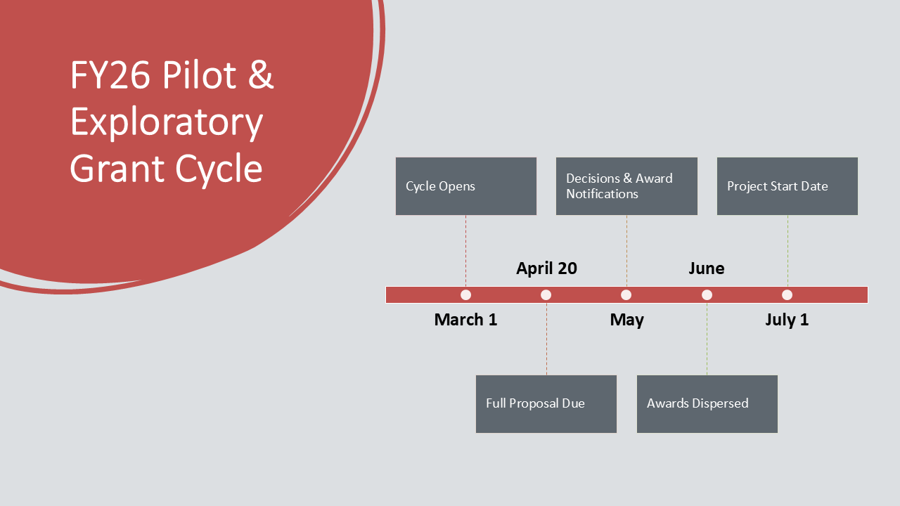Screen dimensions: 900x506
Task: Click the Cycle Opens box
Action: (466, 186)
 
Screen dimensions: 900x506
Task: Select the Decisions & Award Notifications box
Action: (626, 186)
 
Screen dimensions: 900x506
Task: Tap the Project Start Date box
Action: (787, 186)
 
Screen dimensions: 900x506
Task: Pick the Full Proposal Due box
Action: (546, 404)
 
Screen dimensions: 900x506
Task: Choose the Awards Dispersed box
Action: (707, 404)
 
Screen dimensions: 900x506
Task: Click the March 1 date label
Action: (465, 320)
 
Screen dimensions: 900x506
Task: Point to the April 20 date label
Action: (546, 268)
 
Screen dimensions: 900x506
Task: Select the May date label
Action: (626, 320)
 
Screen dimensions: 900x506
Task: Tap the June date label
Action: (707, 268)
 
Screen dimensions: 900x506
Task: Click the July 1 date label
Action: (787, 320)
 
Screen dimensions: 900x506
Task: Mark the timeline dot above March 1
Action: (465, 294)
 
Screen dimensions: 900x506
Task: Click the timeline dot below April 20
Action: (546, 294)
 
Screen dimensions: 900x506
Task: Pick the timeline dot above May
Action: (626, 294)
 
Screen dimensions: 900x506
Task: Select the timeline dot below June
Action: (707, 294)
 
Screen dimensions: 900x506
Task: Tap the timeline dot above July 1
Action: (787, 294)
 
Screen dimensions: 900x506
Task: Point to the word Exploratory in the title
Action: (167, 122)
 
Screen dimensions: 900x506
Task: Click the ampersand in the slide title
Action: (261, 74)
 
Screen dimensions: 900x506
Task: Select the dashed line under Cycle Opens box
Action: (466, 251)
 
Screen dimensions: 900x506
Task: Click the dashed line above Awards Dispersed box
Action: (707, 339)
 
